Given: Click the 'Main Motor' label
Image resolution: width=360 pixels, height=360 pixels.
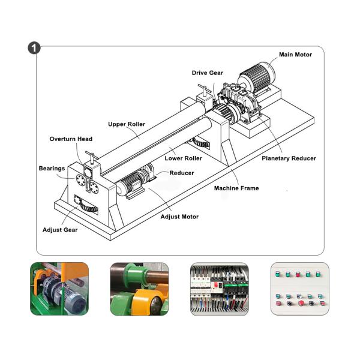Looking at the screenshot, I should pos(295,55).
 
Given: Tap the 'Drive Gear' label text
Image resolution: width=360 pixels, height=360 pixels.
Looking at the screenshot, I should pos(207,73).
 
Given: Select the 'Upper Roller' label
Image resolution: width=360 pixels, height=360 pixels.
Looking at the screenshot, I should pos(127,124).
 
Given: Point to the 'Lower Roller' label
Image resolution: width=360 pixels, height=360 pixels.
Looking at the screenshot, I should pos(183,158).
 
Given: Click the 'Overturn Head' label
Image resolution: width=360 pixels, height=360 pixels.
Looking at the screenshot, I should pos(71,139).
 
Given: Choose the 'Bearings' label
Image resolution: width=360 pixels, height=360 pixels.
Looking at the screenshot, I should pos(52,168).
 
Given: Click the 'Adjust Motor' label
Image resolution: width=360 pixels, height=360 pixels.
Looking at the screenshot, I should pos(180,216).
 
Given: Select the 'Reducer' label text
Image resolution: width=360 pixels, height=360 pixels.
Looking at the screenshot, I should pos(181,173).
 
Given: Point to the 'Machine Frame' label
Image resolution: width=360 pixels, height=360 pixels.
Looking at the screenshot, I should pos(236,188).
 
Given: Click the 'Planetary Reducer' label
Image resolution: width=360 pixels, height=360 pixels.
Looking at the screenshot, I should pos(289,158).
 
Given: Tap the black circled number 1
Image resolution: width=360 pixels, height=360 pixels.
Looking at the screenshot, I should pos(34,48).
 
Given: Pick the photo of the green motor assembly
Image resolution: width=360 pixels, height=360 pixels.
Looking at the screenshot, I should pos(59,289).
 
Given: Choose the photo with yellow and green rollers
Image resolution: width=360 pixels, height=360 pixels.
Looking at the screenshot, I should pos(139,289).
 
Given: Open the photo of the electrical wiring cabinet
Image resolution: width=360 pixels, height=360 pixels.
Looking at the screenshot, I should pos(219,289).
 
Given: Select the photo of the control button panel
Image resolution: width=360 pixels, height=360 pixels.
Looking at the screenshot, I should pos(299,289).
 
